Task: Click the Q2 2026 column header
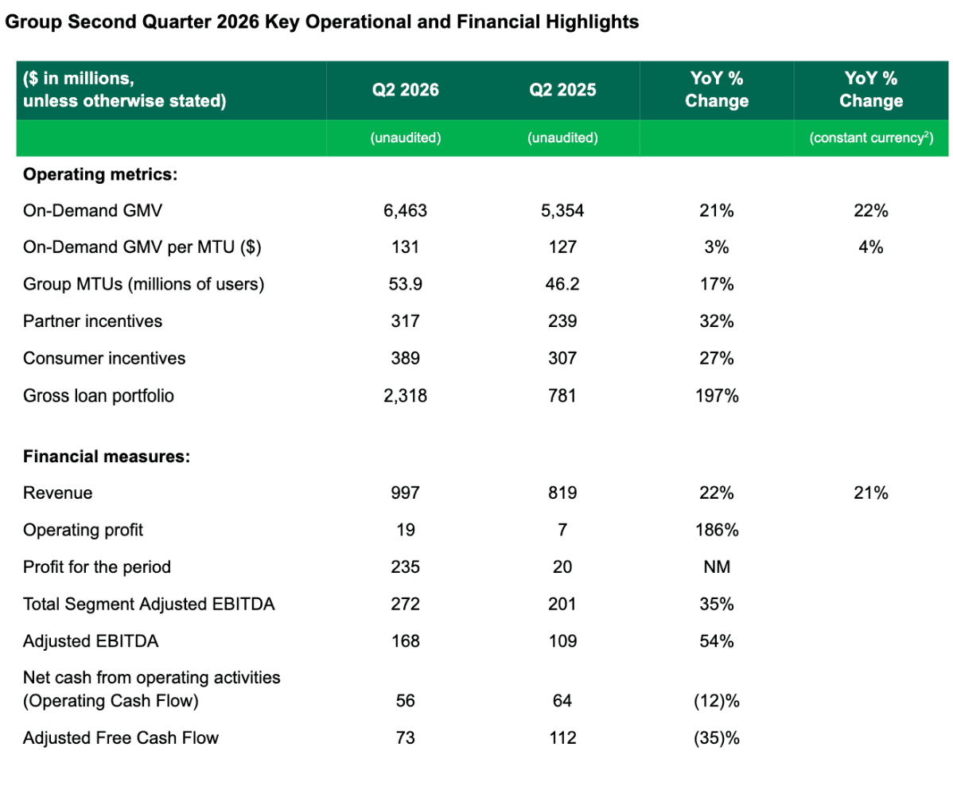[x=406, y=90]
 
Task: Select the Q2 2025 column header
[x=562, y=90]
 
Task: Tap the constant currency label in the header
[x=871, y=138]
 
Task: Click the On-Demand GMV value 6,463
[x=406, y=210]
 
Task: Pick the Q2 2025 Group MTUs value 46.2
[x=562, y=284]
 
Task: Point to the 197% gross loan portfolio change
[x=717, y=395]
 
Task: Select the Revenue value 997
[x=406, y=492]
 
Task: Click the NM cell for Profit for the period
[x=717, y=566]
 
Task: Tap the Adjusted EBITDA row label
[x=91, y=640]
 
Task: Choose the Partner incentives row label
[x=92, y=321]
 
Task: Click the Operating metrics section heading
[x=100, y=174]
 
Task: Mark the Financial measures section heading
[x=107, y=457]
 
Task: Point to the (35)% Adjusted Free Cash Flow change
[x=717, y=738]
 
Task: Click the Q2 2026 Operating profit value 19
[x=406, y=530]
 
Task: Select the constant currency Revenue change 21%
[x=871, y=492]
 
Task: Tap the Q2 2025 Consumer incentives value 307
[x=562, y=358]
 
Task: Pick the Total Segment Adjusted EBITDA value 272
[x=406, y=604]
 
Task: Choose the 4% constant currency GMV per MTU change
[x=871, y=247]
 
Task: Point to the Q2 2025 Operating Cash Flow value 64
[x=562, y=700]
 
